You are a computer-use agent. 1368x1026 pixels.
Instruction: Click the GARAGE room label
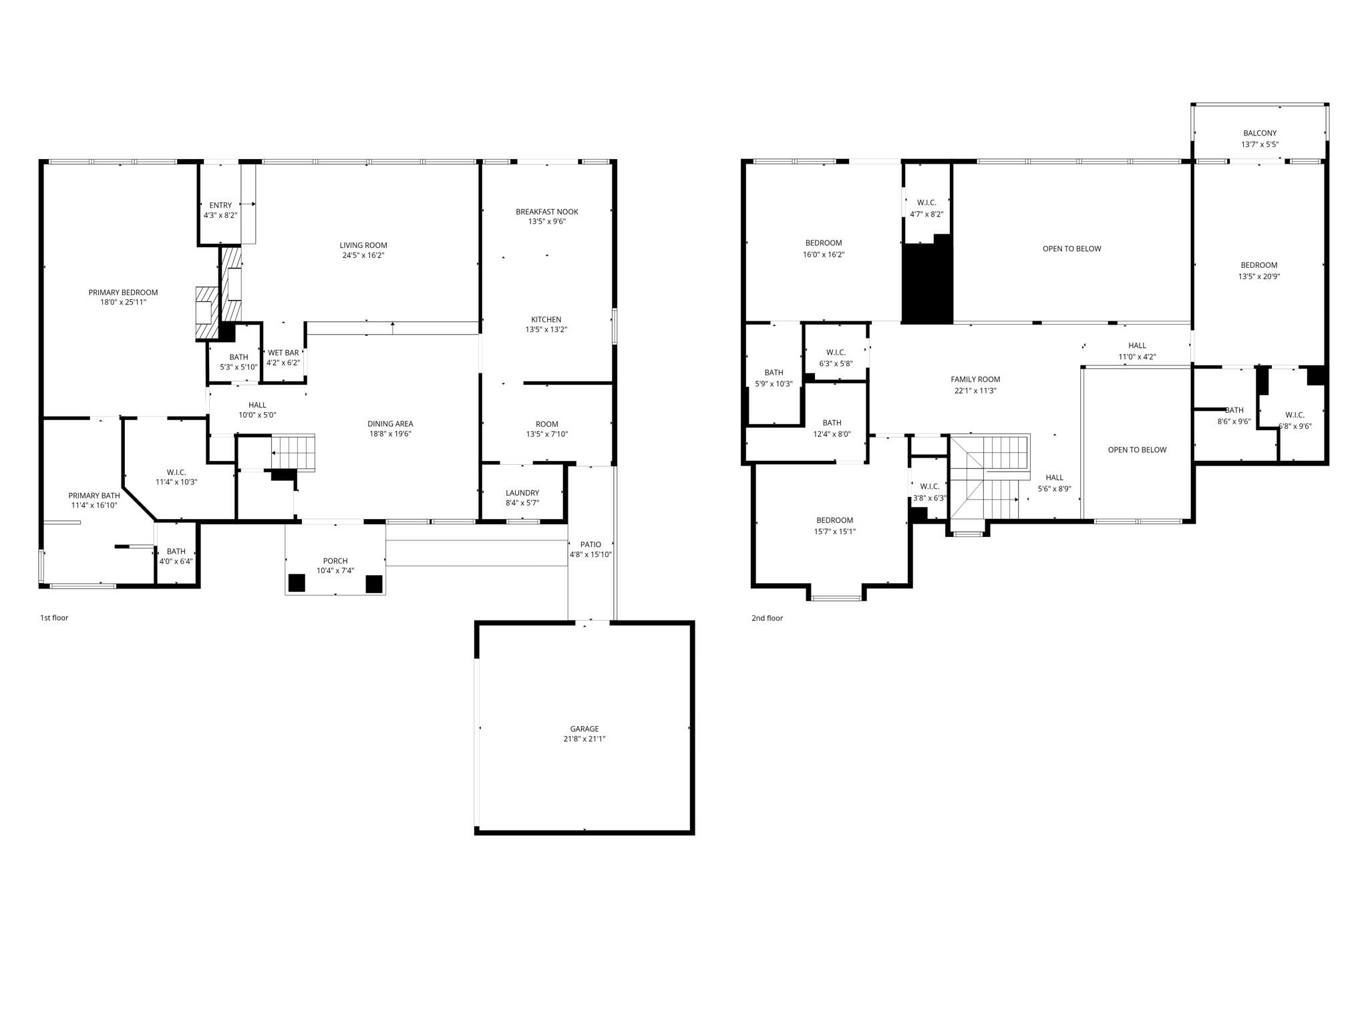584,729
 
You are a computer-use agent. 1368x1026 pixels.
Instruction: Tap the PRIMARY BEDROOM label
123,293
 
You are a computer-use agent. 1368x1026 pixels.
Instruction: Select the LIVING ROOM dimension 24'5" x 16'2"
363,255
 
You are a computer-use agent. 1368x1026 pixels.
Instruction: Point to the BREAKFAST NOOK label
546,212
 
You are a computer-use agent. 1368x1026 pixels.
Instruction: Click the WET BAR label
283,353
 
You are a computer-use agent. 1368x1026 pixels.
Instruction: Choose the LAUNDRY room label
522,493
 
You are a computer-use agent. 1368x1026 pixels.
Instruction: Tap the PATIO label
590,544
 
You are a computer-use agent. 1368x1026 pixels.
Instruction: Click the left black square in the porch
297,583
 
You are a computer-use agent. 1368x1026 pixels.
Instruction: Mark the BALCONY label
1260,134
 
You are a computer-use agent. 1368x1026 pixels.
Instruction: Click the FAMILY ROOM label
975,379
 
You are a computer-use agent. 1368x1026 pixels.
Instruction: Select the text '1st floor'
54,618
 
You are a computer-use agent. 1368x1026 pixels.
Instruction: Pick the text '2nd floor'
767,619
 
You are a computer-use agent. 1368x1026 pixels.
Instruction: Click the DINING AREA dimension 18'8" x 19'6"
390,434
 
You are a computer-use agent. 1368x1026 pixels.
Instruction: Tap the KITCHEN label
546,319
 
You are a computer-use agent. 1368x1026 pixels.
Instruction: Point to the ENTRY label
220,206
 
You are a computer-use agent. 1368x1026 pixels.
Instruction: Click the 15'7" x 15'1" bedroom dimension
834,532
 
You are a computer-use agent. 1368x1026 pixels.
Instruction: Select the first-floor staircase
293,452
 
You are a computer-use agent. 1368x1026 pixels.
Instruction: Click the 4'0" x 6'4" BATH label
176,551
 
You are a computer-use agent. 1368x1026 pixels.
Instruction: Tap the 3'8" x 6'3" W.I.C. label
929,486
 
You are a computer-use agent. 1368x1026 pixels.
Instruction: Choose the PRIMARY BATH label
94,496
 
